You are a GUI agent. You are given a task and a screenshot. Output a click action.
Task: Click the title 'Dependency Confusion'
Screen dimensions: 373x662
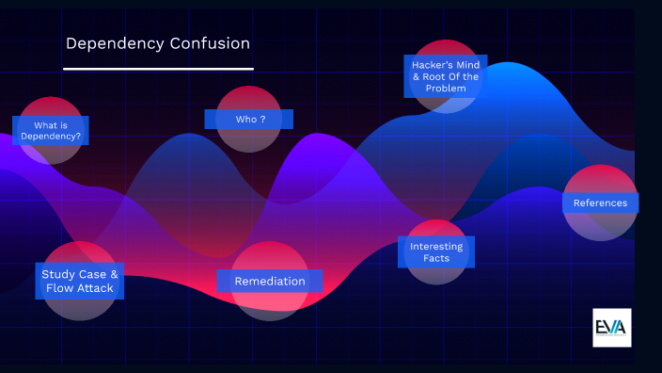158,43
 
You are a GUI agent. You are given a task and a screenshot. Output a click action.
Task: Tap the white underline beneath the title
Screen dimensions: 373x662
158,69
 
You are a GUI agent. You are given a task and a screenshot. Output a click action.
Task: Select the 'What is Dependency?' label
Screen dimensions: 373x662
51,131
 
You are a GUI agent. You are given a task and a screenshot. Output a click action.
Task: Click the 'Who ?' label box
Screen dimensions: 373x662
249,119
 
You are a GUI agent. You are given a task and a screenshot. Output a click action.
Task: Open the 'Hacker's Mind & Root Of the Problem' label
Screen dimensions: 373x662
446,75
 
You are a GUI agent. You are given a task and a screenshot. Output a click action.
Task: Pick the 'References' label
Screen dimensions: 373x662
600,203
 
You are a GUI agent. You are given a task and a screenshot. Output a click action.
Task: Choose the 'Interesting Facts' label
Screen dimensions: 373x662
436,251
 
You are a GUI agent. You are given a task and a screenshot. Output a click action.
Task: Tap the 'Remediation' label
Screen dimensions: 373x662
270,281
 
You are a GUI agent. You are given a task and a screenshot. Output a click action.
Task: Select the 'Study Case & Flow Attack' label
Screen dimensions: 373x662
80,281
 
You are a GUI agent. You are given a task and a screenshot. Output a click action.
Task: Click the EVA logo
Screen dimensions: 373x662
611,327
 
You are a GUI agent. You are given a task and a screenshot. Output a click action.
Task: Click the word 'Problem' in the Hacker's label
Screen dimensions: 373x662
446,89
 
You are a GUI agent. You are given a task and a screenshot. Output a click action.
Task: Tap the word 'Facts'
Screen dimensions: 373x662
436,258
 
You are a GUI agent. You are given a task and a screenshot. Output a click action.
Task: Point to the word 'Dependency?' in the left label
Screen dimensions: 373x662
51,138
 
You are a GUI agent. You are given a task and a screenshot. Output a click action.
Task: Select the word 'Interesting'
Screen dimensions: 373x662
436,246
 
